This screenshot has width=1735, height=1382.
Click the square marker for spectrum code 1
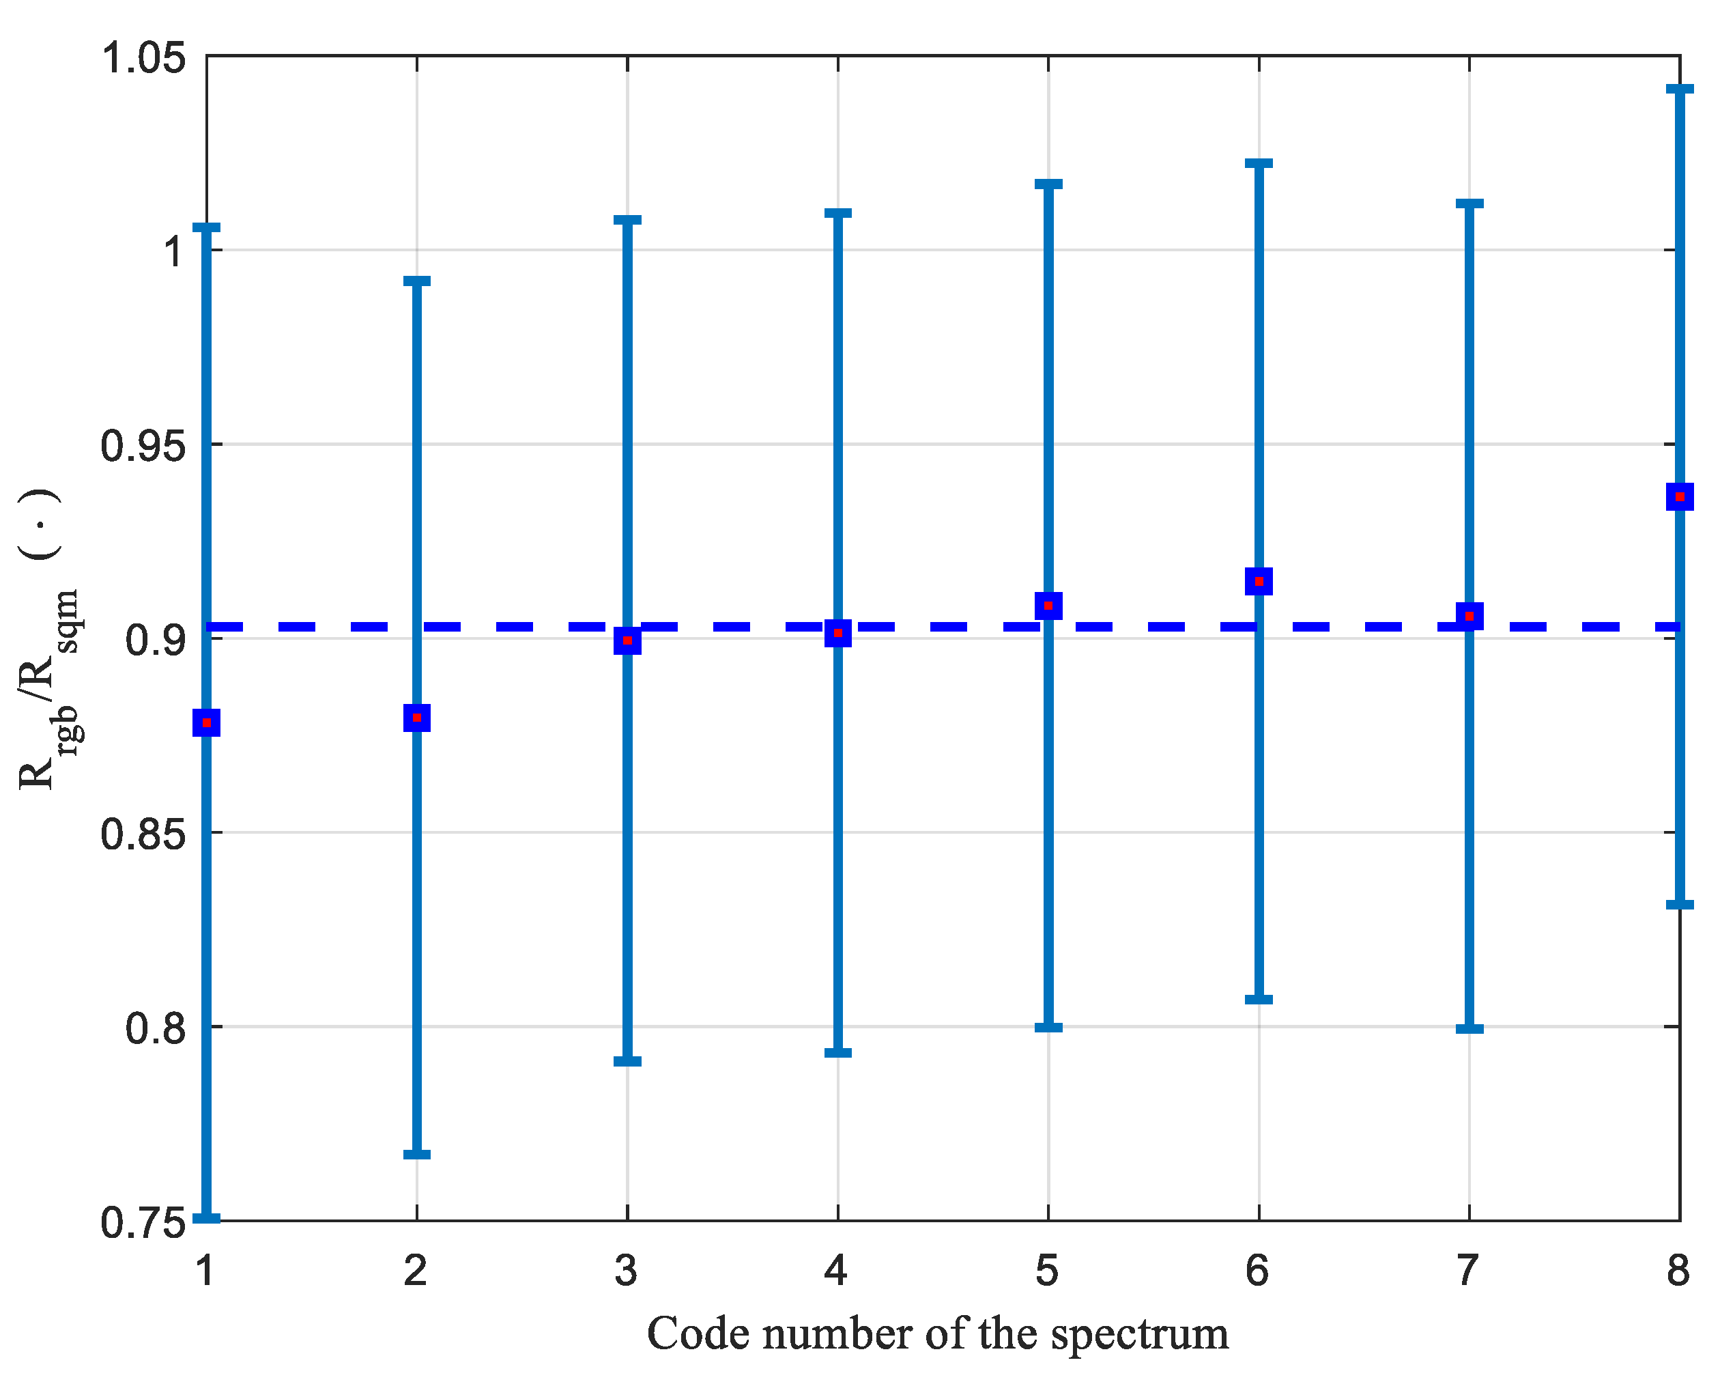[x=207, y=723]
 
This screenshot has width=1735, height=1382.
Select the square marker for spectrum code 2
[x=417, y=717]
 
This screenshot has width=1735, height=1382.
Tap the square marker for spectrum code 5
[x=1048, y=605]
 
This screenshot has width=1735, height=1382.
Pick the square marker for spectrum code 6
[x=1259, y=581]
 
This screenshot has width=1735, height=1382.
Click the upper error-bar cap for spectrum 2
[x=417, y=281]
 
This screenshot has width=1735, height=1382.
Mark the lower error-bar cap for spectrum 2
[x=417, y=1154]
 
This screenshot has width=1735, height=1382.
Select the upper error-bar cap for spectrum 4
[x=837, y=213]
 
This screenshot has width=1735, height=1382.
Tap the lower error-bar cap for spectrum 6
[x=1259, y=1000]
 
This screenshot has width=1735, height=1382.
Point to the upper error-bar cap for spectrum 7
[x=1469, y=203]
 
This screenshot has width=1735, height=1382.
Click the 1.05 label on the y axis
[x=143, y=58]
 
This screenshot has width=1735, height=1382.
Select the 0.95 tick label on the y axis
[x=143, y=445]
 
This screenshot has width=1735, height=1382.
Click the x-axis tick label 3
[x=626, y=1271]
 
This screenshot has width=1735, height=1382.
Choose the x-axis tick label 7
[x=1468, y=1271]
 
